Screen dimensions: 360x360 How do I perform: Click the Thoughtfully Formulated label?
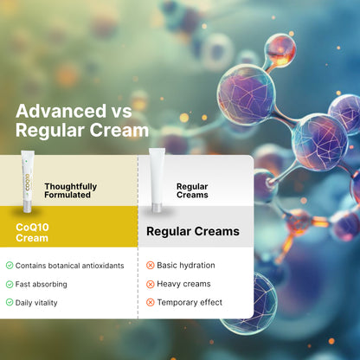point(71,190)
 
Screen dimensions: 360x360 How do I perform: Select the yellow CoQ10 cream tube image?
point(28,181)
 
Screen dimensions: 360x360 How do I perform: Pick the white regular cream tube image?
point(156,179)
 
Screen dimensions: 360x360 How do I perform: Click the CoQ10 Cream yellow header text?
point(33,232)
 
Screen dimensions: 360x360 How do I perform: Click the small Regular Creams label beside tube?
point(192,190)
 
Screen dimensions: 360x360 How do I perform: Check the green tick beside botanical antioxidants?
point(10,266)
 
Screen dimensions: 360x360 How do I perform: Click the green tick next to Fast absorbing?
point(10,284)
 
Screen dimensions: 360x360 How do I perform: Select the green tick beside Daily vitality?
point(10,302)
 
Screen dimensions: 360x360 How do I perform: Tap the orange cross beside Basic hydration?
point(151,266)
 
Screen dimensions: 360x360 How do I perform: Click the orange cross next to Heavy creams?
point(151,284)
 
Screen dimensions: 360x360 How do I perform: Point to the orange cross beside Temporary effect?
point(151,302)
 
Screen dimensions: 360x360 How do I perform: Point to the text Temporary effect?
point(190,302)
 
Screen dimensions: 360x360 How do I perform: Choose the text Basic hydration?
point(186,266)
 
